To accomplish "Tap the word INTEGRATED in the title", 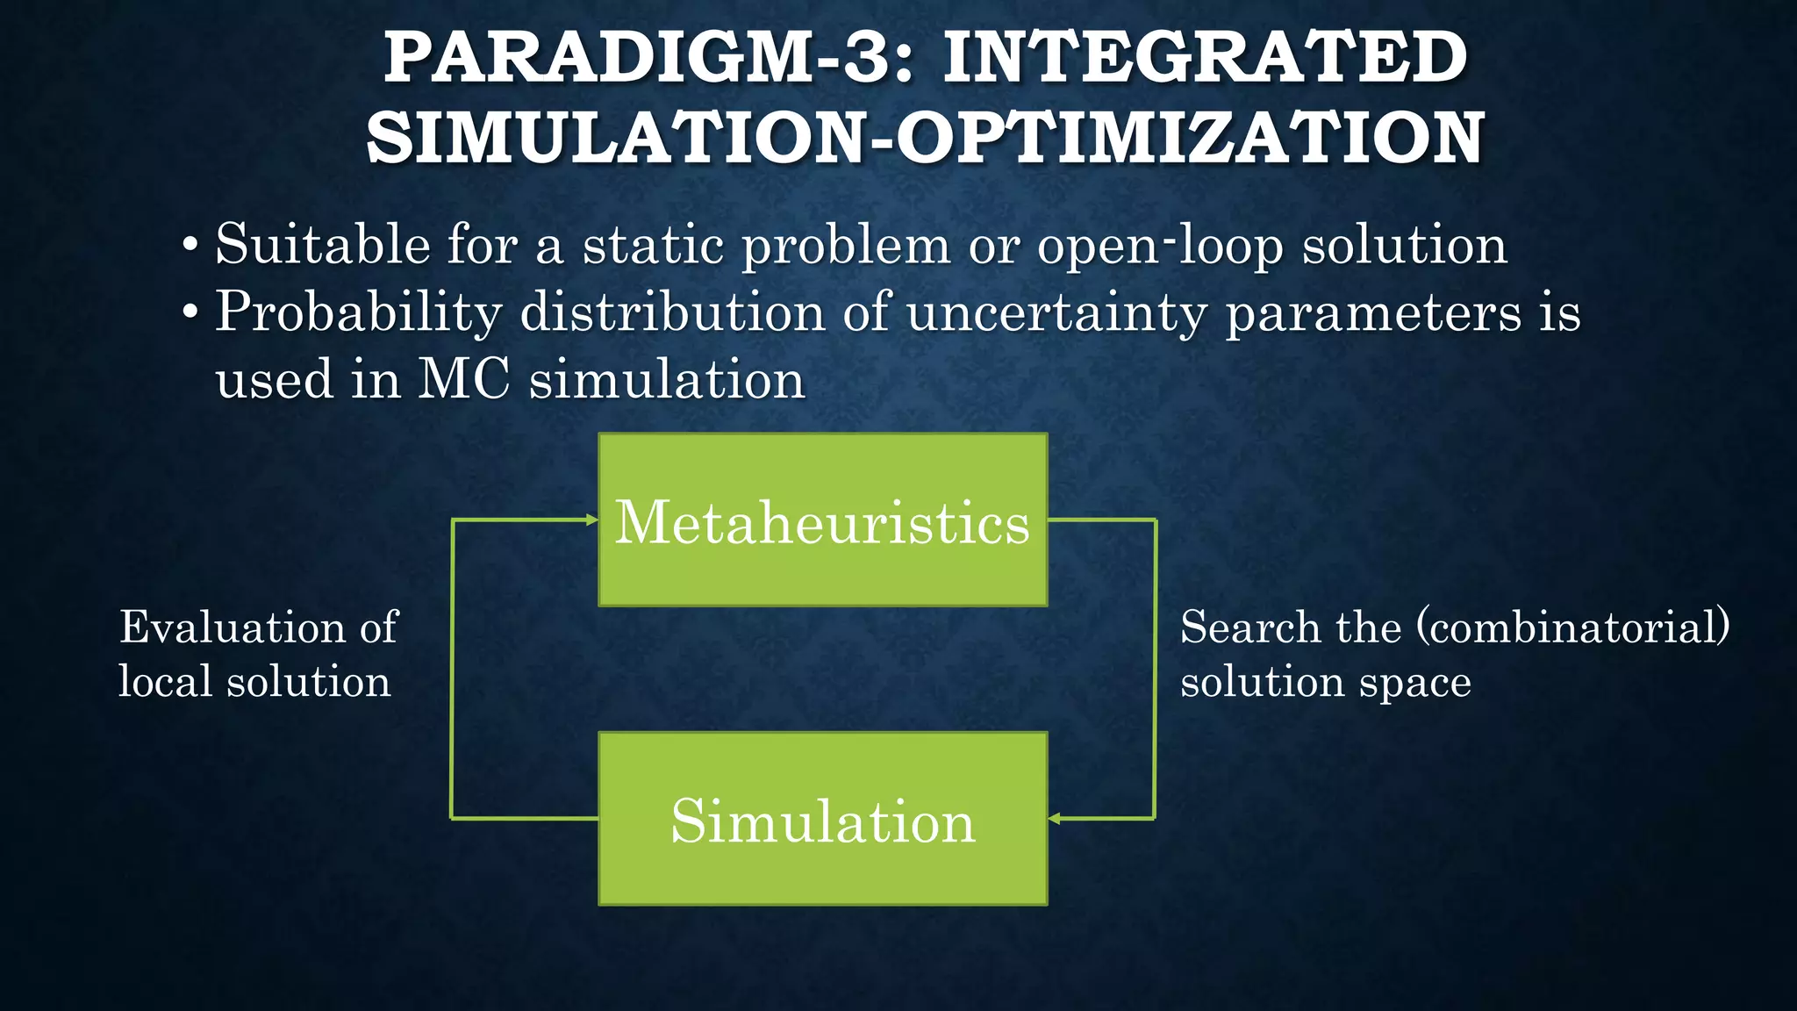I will (x=1205, y=58).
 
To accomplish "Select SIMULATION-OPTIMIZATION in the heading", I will (x=925, y=139).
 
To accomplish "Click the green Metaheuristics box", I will (x=822, y=520).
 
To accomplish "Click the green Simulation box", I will (x=822, y=819).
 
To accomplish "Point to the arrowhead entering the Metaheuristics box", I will (x=592, y=520).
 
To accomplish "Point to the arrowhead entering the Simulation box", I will (x=1055, y=819).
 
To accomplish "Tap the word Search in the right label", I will (x=1250, y=627).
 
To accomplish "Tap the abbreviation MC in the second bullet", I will (x=463, y=379).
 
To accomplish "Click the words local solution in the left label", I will (x=254, y=682).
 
